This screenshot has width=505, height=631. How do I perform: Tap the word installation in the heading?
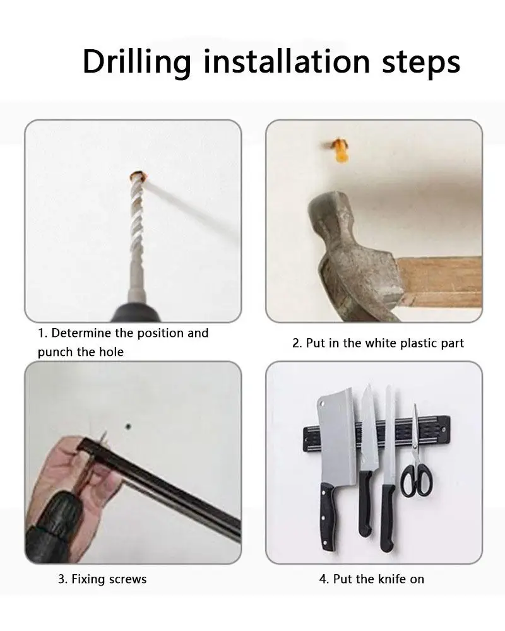click(287, 61)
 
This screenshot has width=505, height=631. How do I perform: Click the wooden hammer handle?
click(439, 281)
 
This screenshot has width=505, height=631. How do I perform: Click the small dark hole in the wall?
click(128, 426)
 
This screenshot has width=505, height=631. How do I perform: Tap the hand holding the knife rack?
click(68, 483)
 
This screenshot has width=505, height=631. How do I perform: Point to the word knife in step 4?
click(392, 579)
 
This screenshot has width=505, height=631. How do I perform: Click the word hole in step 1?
click(111, 352)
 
